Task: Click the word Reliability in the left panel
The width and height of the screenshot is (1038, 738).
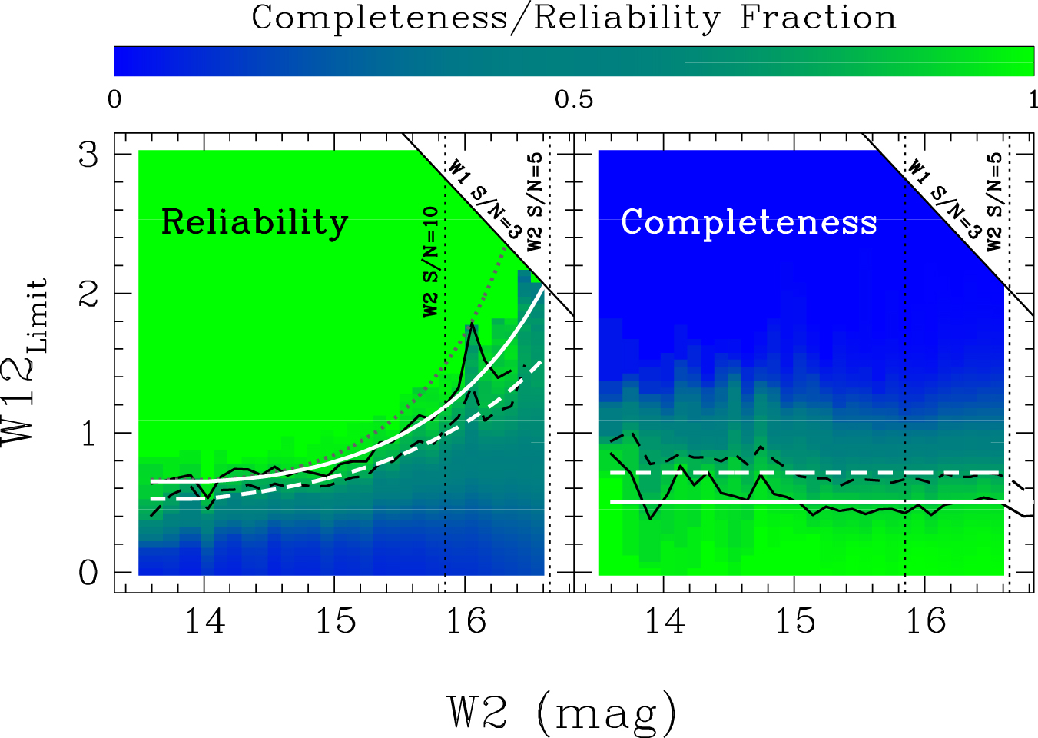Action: (x=254, y=223)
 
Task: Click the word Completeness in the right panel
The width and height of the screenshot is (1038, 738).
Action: (x=748, y=223)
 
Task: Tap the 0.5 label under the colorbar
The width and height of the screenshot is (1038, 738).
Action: (x=574, y=100)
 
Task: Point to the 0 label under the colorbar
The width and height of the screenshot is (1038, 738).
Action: (x=114, y=100)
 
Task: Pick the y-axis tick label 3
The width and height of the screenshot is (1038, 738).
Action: (x=89, y=155)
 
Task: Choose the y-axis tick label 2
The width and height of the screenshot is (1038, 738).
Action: (x=89, y=294)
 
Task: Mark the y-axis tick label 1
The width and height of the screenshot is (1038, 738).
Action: (x=89, y=434)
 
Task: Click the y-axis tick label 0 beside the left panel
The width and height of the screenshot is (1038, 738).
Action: (x=89, y=573)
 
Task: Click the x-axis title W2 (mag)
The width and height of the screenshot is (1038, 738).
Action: (x=562, y=712)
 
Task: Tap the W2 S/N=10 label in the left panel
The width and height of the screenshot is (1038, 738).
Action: (x=431, y=261)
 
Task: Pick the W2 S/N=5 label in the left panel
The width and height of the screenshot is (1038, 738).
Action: (x=536, y=201)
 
